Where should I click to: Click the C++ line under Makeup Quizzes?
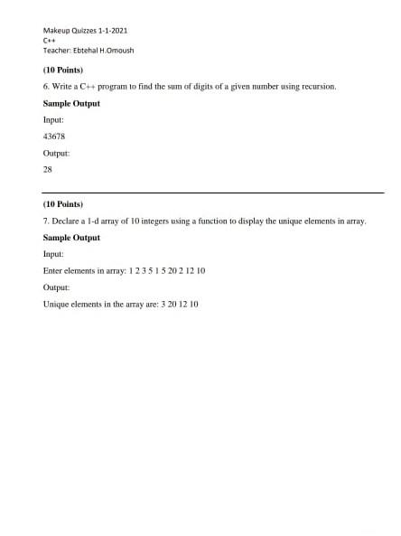[x=49, y=41]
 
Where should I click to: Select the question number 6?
[x=46, y=87]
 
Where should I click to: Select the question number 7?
[x=46, y=221]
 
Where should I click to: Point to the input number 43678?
[x=54, y=136]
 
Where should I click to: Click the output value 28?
[x=48, y=169]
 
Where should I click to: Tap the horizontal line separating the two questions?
[x=213, y=193]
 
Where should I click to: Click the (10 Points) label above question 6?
[x=63, y=70]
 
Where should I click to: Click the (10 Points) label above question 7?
[x=63, y=204]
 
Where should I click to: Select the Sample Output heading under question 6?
[x=71, y=103]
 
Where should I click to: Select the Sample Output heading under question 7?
[x=71, y=238]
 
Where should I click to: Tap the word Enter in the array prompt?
[x=53, y=270]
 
